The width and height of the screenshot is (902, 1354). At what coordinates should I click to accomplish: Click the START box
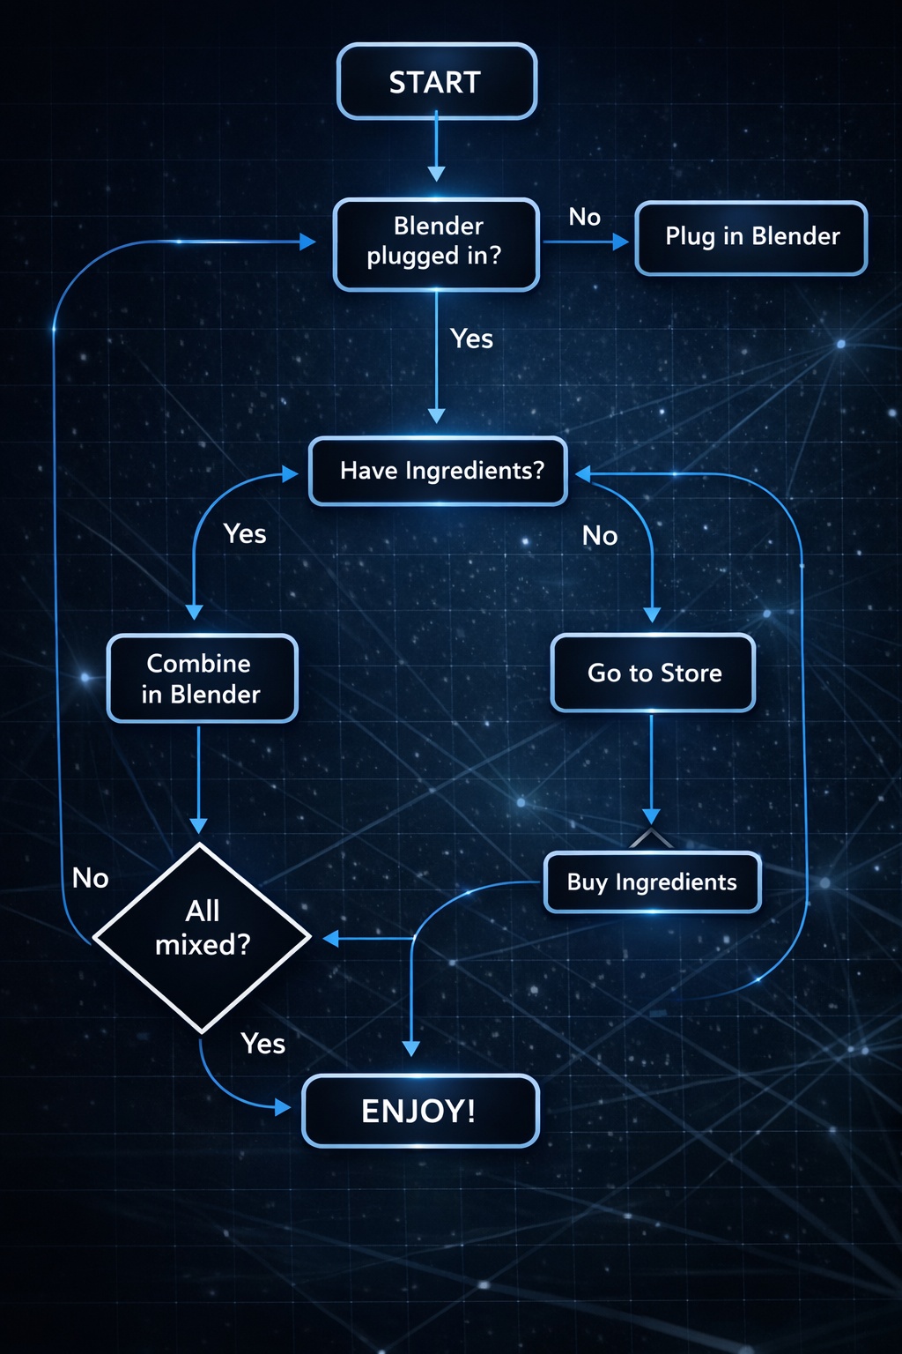(x=437, y=81)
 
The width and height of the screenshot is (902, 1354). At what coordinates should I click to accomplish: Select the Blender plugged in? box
(x=437, y=244)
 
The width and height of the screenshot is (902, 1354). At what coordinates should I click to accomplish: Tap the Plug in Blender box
(x=751, y=238)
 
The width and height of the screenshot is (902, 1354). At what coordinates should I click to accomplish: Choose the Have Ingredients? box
(x=439, y=471)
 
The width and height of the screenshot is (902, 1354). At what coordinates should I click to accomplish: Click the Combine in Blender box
(x=202, y=679)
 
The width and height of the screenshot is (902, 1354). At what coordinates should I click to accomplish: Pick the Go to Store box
(x=653, y=673)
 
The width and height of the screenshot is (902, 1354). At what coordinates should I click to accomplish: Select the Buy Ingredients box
(x=652, y=882)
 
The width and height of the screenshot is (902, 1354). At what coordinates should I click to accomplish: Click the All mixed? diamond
(x=202, y=937)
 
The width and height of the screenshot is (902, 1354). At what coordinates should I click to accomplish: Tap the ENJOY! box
(x=420, y=1111)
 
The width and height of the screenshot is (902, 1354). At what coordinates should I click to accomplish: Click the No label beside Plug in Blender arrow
(x=585, y=217)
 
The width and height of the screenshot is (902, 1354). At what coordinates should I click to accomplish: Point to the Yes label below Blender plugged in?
(x=471, y=338)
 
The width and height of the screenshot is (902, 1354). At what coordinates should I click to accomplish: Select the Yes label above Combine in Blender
(x=245, y=534)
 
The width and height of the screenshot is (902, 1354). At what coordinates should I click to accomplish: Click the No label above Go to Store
(x=600, y=535)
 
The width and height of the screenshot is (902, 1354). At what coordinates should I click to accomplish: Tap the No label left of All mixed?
(x=91, y=878)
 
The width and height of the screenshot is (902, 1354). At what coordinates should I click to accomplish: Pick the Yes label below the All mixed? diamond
(x=262, y=1044)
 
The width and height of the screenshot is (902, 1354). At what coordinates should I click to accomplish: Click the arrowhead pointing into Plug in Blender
(x=621, y=242)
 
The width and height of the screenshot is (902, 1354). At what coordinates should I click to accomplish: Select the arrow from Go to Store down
(x=651, y=767)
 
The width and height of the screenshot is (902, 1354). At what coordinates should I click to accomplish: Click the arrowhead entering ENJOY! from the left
(x=283, y=1107)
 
